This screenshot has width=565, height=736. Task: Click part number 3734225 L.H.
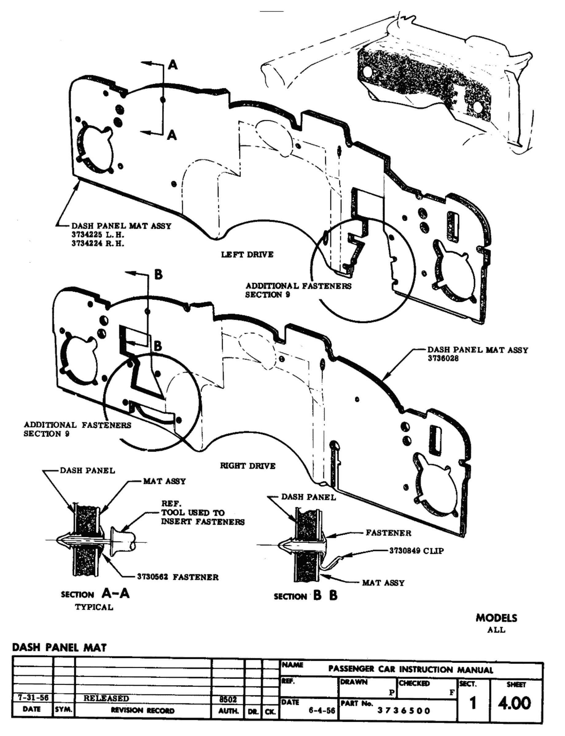(98, 235)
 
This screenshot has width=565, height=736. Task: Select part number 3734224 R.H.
(98, 243)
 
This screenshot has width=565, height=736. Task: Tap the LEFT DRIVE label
(247, 255)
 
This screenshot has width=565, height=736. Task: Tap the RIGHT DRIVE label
(247, 466)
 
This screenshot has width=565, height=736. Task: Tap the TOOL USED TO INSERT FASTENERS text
(202, 517)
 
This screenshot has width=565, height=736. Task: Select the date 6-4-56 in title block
(321, 711)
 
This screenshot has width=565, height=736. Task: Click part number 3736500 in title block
(403, 711)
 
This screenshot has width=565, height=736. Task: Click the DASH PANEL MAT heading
(59, 647)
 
